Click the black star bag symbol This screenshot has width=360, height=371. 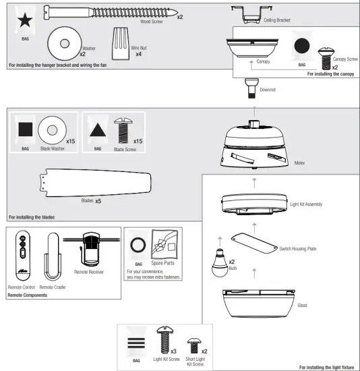24,20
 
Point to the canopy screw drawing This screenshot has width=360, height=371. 330,55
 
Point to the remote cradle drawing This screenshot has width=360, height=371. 53,260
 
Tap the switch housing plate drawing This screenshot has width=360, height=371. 254,244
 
